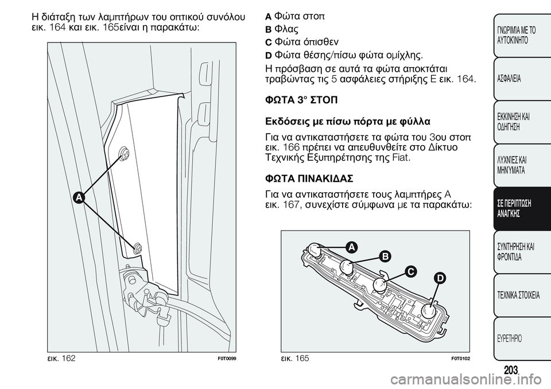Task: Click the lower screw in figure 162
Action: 138,248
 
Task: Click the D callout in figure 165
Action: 440,278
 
